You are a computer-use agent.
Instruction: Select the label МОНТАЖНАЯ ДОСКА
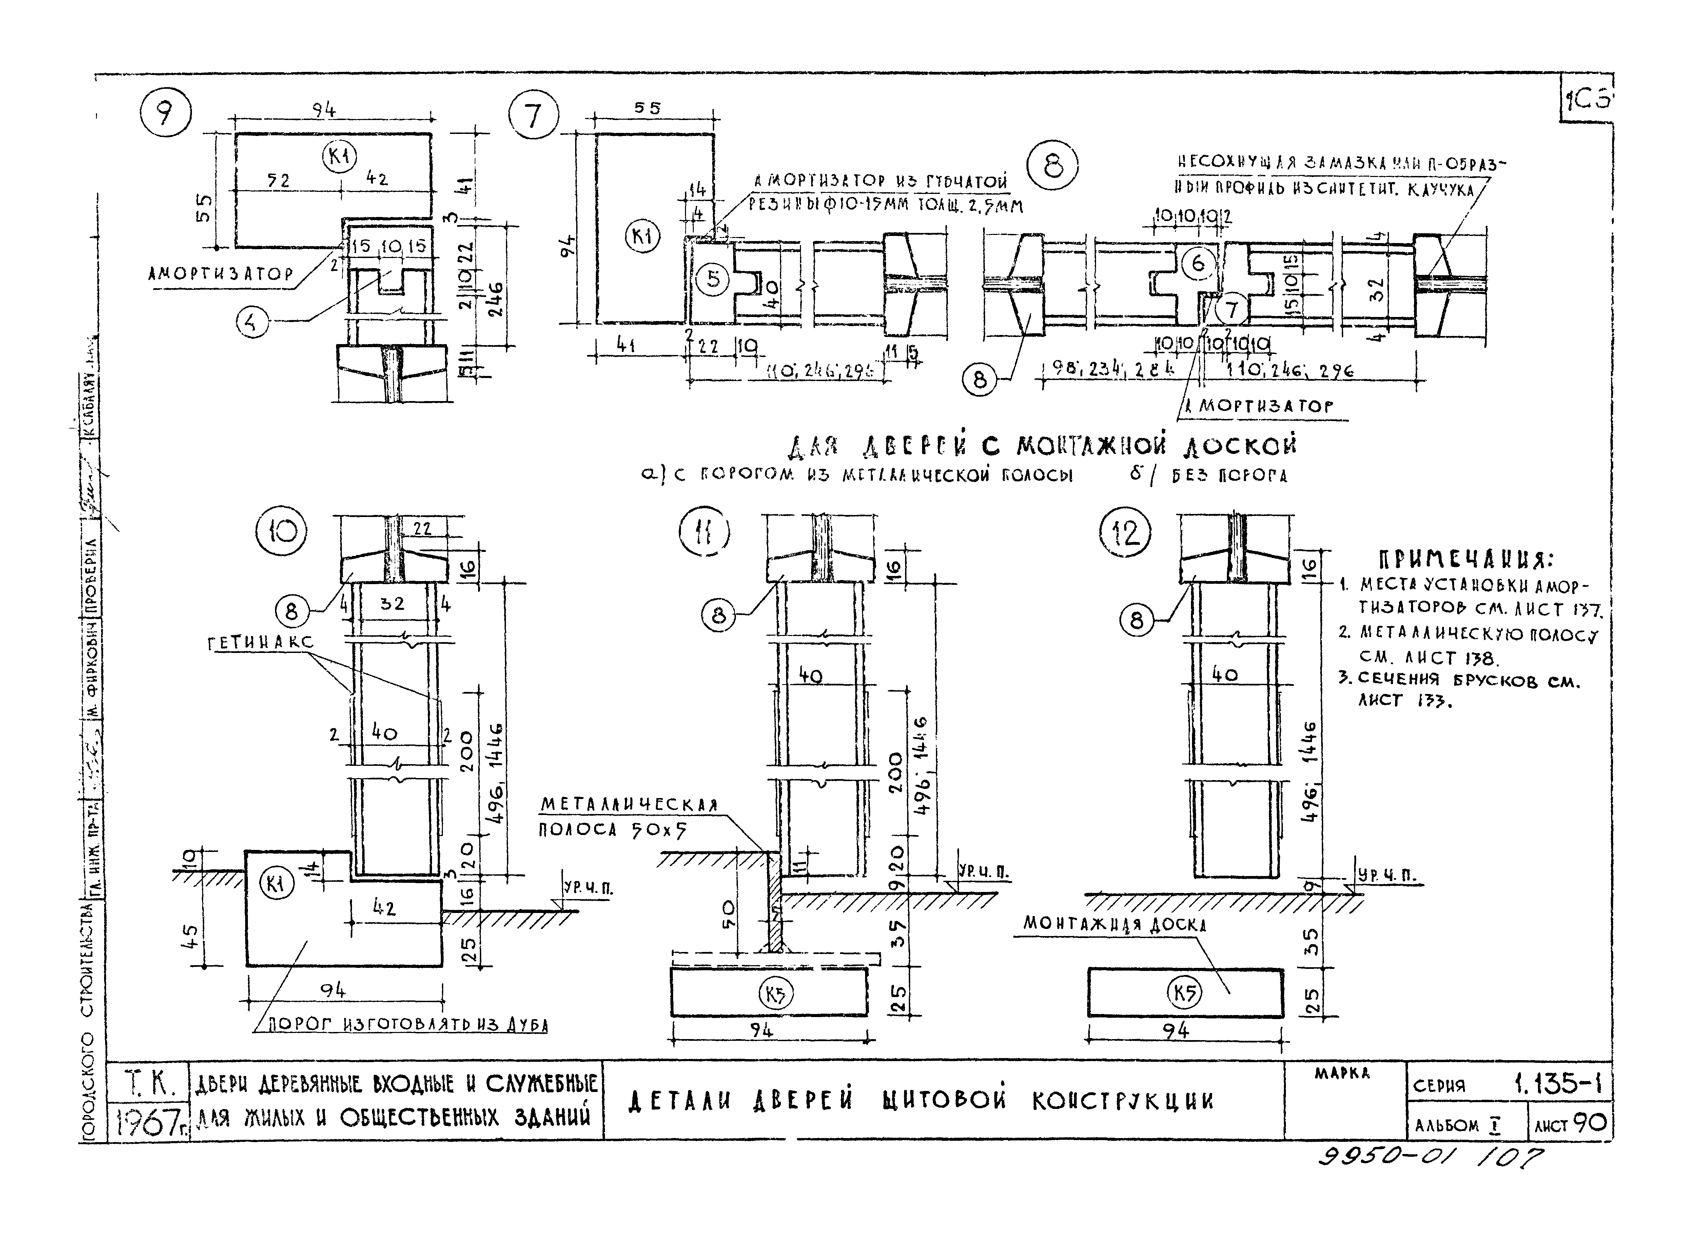1114,924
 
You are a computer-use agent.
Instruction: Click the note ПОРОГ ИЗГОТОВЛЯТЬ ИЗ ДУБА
408,1025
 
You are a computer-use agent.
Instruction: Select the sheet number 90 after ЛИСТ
1589,1123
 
